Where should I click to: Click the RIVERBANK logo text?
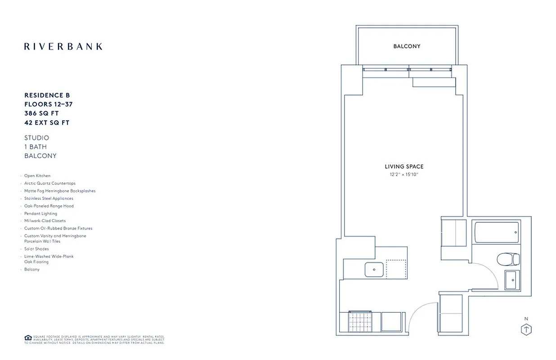coord(63,46)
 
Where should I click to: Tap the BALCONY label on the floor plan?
coord(407,46)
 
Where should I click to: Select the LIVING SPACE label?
coord(404,167)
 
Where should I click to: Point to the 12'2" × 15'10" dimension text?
coord(404,174)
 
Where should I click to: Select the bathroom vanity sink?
coord(512,280)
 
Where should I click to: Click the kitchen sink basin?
coord(374,270)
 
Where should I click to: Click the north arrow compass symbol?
coord(526,329)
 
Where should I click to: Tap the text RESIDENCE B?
coord(47,95)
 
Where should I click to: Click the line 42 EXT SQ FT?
coord(47,122)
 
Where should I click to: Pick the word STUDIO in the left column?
coord(37,138)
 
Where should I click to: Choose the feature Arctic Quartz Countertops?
coord(50,184)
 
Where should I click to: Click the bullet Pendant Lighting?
coord(40,213)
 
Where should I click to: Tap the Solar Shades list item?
coord(36,249)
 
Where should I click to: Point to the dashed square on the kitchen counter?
coord(396,269)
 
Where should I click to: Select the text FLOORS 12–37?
coord(49,104)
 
